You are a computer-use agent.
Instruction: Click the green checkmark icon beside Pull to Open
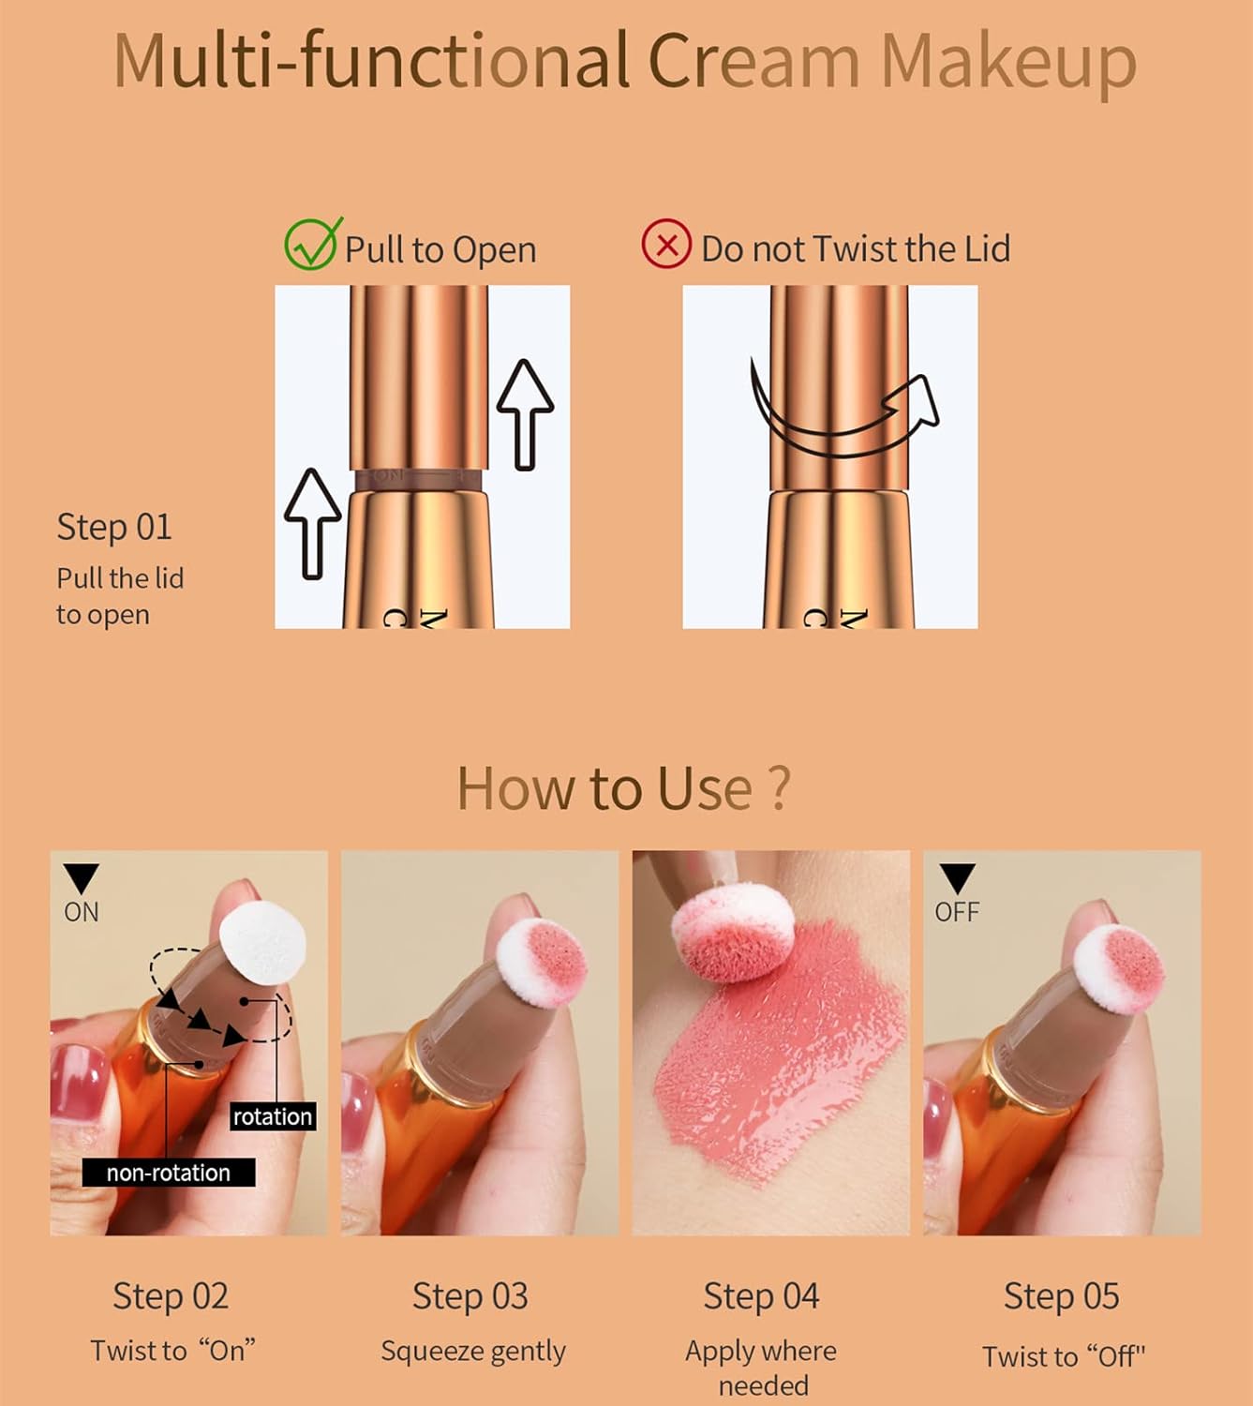pos(311,246)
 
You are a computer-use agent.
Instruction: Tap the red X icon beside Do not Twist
pos(666,246)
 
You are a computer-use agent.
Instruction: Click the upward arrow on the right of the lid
pos(525,413)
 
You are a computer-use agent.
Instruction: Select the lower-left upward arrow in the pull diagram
pos(312,523)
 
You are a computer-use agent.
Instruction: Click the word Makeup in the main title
pos(1008,62)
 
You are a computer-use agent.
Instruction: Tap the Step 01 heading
pos(114,527)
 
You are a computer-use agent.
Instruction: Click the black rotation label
pos(273,1116)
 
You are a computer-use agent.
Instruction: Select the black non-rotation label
pos(169,1173)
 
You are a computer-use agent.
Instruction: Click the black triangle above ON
pos(81,878)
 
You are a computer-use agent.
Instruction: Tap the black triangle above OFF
pos(957,878)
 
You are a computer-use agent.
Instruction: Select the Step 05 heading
pos(1061,1296)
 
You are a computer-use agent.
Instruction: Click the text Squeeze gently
pos(473,1351)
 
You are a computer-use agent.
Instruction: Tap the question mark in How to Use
pos(778,788)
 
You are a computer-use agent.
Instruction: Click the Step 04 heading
pos(761,1296)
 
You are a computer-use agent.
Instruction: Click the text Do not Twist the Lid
pos(856,249)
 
